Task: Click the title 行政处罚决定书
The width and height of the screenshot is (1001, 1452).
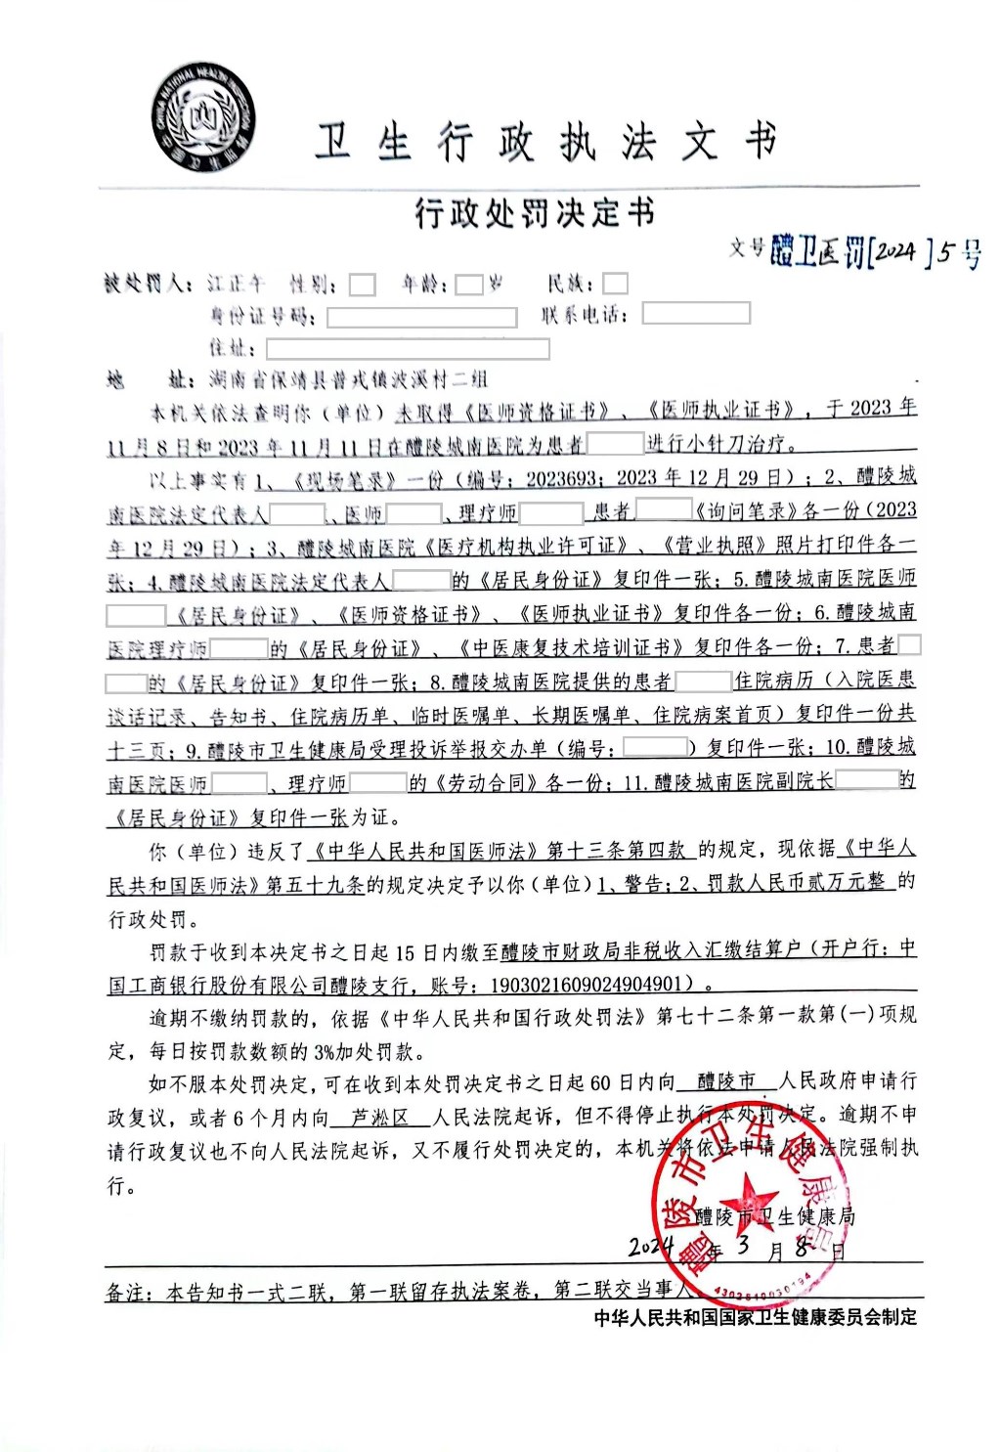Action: click(534, 212)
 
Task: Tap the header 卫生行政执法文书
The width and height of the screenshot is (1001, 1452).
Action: click(544, 144)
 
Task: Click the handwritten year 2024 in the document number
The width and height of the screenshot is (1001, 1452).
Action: click(894, 253)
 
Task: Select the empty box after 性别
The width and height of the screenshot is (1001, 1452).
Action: click(363, 285)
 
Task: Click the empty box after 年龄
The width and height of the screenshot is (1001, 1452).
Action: click(469, 285)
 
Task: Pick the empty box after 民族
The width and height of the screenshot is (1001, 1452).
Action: click(615, 285)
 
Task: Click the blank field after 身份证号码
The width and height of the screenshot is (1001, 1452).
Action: click(421, 317)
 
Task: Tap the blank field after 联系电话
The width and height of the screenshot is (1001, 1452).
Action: click(695, 314)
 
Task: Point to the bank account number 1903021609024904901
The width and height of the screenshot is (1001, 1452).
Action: click(585, 985)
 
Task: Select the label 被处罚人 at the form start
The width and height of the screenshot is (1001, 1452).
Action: click(148, 285)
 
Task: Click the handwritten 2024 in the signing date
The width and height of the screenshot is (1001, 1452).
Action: click(650, 1248)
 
